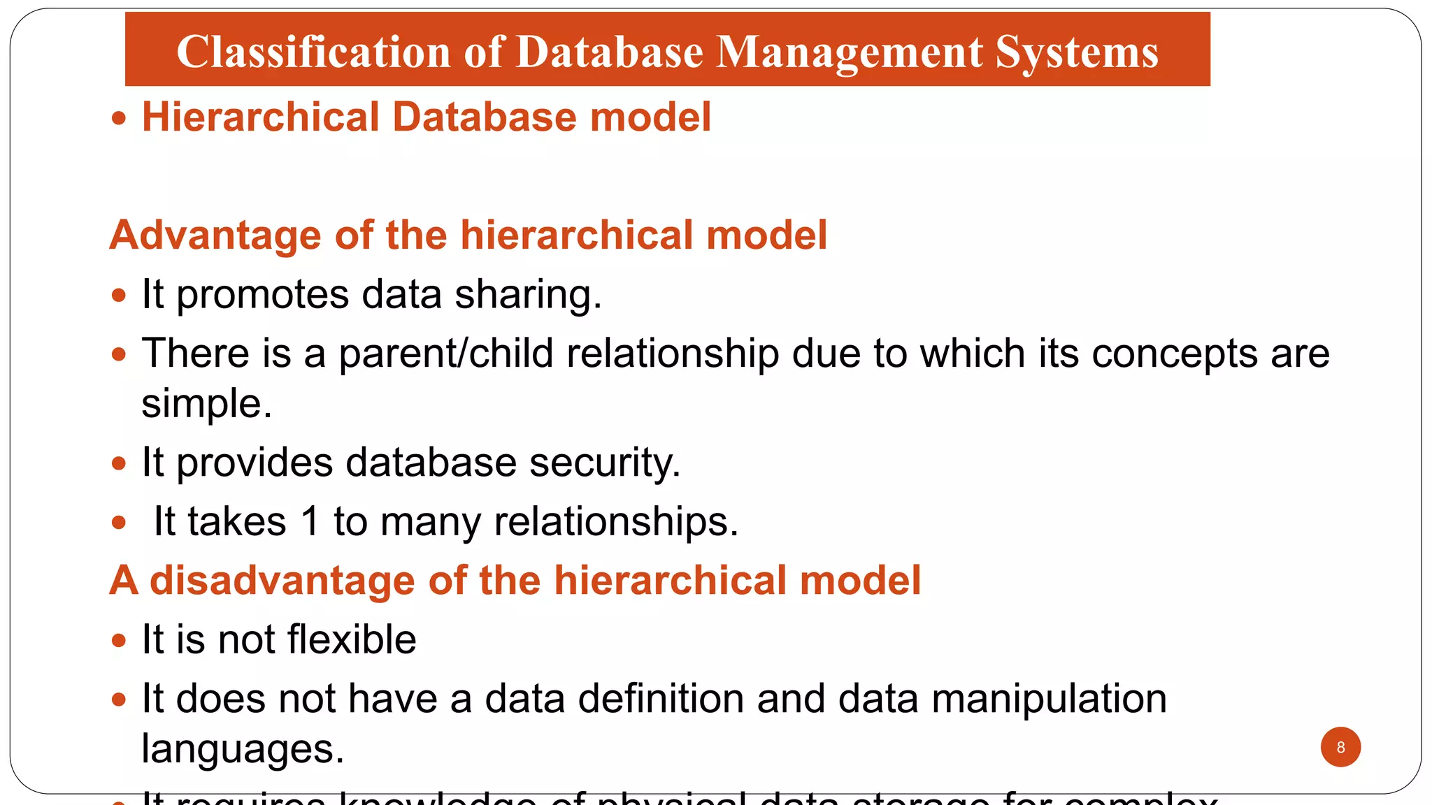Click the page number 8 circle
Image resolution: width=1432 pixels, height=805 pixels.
pos(1340,747)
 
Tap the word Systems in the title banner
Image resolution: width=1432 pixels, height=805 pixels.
pos(1077,52)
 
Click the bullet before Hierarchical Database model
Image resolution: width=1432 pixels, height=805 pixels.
pos(119,118)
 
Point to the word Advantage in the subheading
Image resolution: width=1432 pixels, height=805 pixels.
pos(215,235)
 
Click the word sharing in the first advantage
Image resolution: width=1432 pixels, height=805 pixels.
pos(528,294)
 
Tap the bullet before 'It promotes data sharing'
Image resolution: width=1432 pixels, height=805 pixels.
pos(119,296)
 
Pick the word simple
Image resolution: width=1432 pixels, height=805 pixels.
pos(206,404)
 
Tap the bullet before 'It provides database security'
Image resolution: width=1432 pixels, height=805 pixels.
pos(119,463)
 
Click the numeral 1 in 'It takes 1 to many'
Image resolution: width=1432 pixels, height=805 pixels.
pos(310,521)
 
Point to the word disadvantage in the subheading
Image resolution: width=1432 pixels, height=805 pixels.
pos(282,581)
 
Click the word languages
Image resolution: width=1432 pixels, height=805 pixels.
pos(243,749)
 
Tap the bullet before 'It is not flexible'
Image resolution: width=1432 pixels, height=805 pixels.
pos(119,640)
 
